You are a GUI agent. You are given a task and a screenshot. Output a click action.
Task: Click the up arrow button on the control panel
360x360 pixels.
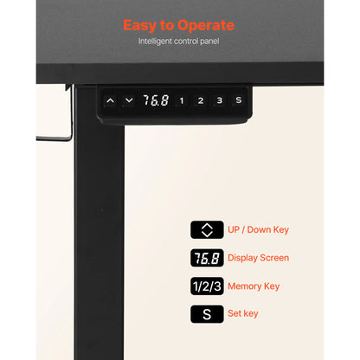[110, 101]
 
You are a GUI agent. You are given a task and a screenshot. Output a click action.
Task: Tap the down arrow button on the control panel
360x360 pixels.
[129, 100]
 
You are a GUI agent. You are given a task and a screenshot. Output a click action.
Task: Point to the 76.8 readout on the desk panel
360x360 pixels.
[156, 100]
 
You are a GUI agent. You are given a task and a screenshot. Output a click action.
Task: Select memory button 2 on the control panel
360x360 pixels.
[201, 100]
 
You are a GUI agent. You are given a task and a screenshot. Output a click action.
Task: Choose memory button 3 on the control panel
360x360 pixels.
[220, 100]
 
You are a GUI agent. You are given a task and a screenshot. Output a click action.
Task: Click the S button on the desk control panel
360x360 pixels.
[239, 100]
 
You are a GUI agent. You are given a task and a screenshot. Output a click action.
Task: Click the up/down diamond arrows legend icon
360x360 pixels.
[207, 230]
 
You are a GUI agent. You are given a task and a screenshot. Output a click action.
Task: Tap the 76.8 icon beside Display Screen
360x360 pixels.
[207, 258]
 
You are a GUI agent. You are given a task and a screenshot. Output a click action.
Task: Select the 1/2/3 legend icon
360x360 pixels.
[207, 286]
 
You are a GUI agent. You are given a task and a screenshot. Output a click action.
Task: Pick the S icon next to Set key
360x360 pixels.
[207, 314]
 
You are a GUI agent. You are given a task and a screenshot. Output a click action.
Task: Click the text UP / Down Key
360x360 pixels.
[258, 230]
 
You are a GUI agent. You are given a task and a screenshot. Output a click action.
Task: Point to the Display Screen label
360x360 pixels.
[258, 258]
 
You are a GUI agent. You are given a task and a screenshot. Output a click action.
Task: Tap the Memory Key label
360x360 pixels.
[254, 286]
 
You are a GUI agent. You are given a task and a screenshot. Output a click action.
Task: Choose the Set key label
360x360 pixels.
[243, 313]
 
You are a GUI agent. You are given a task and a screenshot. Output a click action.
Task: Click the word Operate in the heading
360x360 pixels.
[206, 26]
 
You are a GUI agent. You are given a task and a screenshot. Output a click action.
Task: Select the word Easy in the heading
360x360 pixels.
[139, 26]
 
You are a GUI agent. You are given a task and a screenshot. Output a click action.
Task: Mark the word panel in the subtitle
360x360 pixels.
[209, 42]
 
